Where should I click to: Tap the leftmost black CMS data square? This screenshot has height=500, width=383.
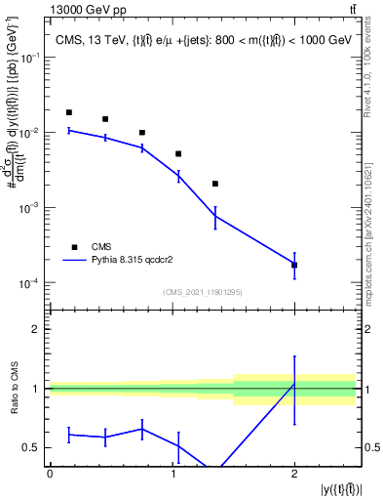(68, 112)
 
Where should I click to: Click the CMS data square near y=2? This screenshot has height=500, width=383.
(294, 265)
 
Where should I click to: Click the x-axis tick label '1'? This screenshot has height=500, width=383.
(172, 474)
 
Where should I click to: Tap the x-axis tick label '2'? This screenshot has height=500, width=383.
(294, 474)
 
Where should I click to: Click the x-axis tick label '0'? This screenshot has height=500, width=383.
(50, 474)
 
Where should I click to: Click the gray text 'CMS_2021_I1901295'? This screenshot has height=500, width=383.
(203, 292)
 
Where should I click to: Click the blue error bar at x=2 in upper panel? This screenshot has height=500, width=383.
(294, 265)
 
